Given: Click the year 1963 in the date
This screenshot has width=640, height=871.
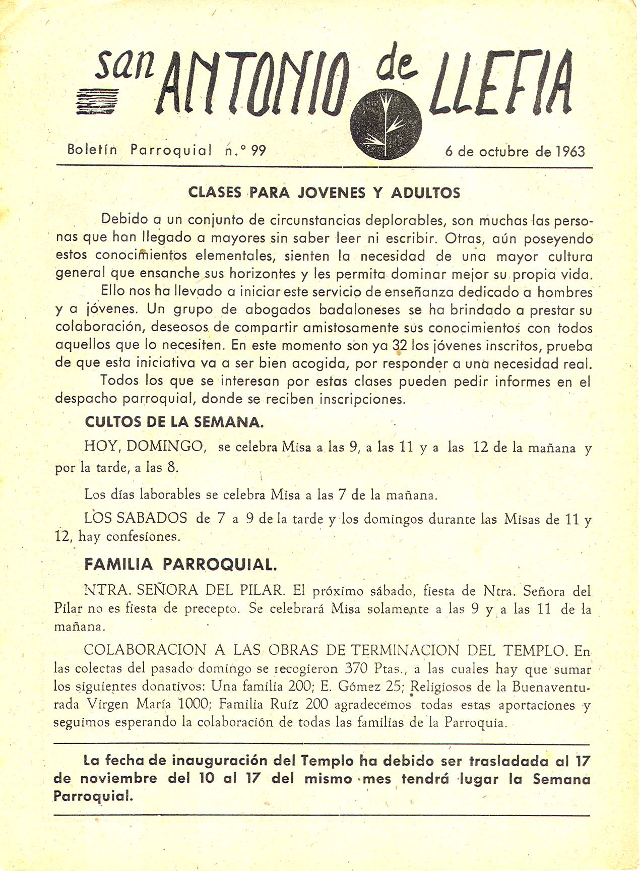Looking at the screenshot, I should pos(570,151).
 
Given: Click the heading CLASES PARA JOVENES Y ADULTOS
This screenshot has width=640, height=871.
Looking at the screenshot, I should pos(324,193).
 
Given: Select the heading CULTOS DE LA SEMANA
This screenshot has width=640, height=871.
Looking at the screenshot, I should pos(174,422).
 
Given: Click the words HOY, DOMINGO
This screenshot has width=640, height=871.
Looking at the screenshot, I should pos(144,446).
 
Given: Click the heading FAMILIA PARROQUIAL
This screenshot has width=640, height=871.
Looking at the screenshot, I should pos(180,564).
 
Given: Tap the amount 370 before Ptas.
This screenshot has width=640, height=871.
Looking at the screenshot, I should pos(358,669).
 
